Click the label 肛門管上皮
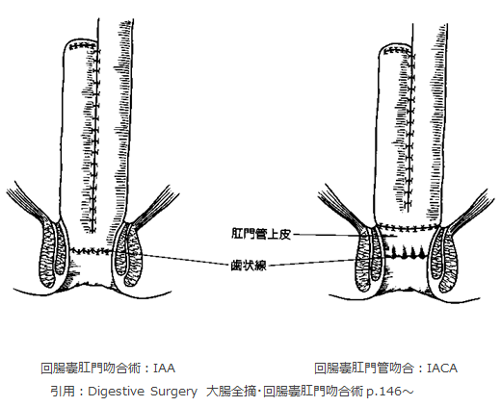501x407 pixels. click(261, 234)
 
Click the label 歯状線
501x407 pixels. click(249, 266)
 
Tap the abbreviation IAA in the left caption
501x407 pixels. click(164, 369)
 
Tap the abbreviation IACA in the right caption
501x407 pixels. click(442, 369)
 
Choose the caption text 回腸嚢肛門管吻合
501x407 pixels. click(364, 369)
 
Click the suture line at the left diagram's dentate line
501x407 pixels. click(91, 251)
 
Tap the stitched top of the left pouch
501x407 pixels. click(83, 46)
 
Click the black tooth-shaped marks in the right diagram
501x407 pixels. click(407, 253)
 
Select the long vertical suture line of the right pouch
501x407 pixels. click(409, 132)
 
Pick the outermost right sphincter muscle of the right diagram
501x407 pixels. click(448, 260)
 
